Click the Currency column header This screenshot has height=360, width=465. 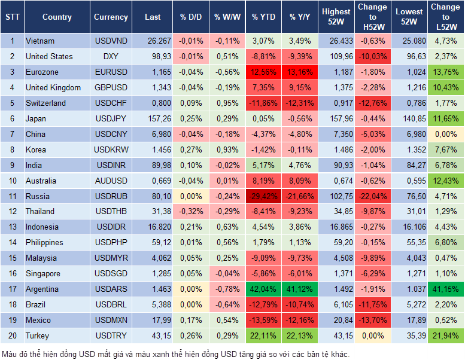pyautogui.click(x=111, y=17)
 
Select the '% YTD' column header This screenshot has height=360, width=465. pyautogui.click(x=263, y=17)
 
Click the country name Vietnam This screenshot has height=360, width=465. pyautogui.click(x=40, y=41)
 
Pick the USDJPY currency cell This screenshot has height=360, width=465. pyautogui.click(x=111, y=118)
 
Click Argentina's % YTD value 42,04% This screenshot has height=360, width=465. pyautogui.click(x=263, y=289)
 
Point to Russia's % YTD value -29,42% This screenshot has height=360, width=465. pyautogui.click(x=263, y=196)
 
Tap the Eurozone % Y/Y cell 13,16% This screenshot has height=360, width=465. pyautogui.click(x=301, y=72)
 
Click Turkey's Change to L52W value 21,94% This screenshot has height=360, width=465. pyautogui.click(x=446, y=335)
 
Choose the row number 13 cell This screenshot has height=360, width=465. pyautogui.click(x=12, y=227)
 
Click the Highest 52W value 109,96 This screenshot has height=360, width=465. pyautogui.click(x=336, y=57)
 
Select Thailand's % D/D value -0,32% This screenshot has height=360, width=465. pyautogui.click(x=191, y=211)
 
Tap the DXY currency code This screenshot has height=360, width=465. pyautogui.click(x=111, y=57)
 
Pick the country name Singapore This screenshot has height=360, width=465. pyautogui.click(x=42, y=273)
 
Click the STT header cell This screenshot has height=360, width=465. pyautogui.click(x=12, y=17)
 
